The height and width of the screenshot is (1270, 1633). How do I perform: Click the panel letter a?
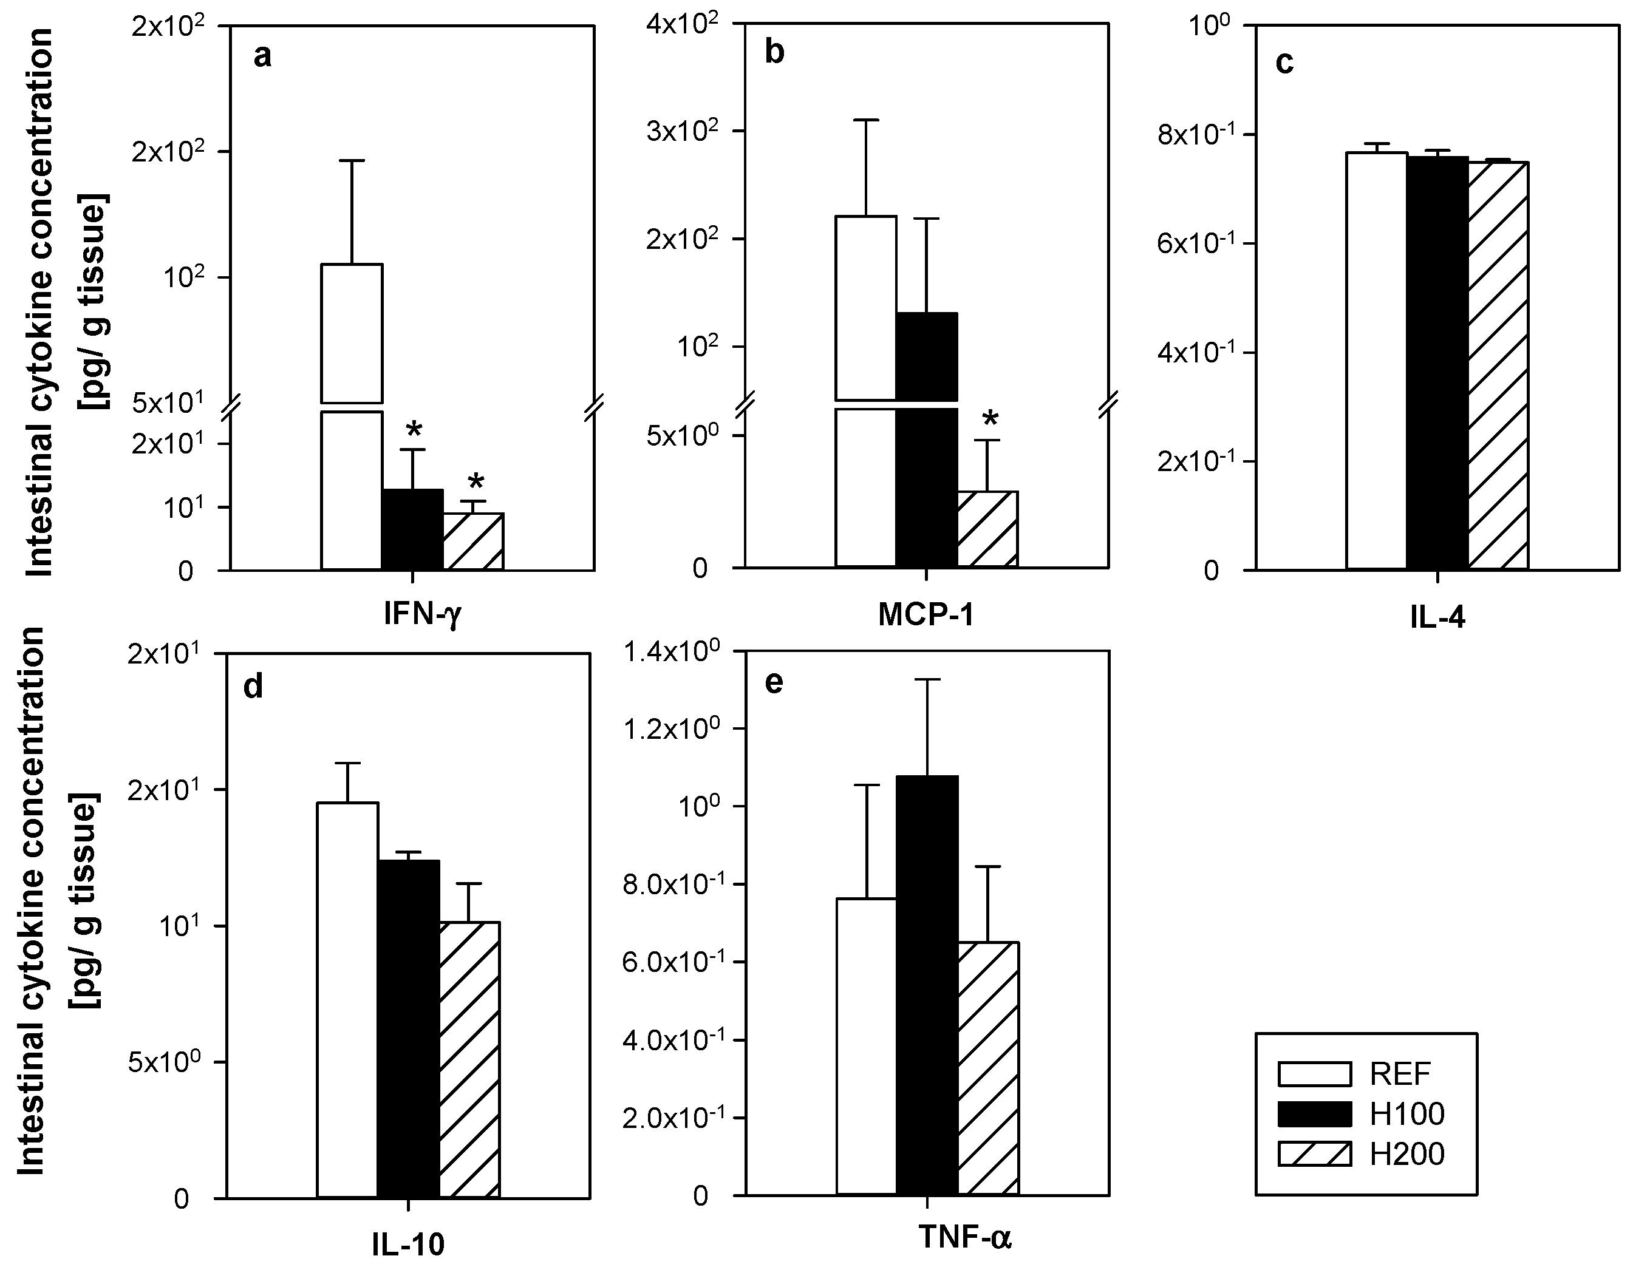[x=262, y=56]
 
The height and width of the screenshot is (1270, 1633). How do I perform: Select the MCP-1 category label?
[x=926, y=614]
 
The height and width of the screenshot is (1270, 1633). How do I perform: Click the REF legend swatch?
[x=1314, y=1074]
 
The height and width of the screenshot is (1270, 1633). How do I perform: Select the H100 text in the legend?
[x=1406, y=1115]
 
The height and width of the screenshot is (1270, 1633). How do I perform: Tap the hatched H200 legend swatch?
[x=1314, y=1154]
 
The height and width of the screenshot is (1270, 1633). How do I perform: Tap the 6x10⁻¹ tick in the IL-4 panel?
[x=1197, y=243]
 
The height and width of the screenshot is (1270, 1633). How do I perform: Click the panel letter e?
[x=774, y=682]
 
